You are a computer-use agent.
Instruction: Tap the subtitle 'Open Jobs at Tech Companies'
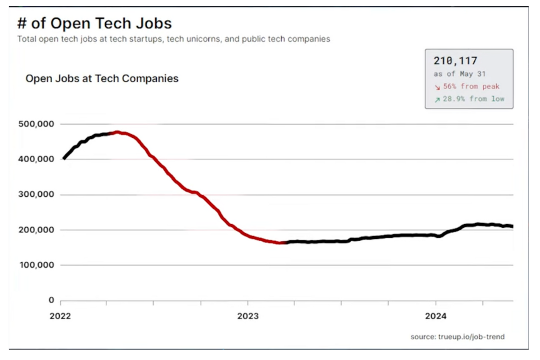point(102,79)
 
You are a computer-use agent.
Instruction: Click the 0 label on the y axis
point(51,300)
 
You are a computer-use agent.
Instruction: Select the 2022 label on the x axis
point(60,316)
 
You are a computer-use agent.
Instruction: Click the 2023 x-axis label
point(248,316)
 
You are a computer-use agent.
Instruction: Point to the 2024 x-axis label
point(436,316)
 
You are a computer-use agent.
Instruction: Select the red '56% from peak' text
point(471,86)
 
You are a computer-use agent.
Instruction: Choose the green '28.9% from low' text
point(473,99)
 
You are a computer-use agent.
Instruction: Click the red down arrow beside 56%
point(437,87)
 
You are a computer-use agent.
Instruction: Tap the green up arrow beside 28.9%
point(437,99)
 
